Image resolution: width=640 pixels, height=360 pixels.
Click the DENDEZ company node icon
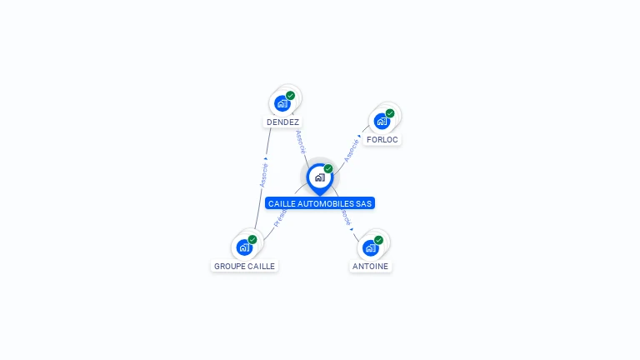282,104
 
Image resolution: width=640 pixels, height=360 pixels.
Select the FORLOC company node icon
382,122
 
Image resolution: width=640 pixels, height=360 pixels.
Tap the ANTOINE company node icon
371,248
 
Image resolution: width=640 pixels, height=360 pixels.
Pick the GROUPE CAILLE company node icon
244,247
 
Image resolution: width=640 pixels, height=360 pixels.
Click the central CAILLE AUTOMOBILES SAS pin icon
319,177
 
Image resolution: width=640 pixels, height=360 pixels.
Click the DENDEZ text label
282,122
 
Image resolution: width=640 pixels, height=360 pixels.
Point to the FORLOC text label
382,140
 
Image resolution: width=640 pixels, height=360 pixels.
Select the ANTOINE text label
371,267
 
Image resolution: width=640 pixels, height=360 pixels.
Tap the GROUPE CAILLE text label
244,267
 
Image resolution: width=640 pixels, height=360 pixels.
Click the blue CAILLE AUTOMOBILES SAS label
320,203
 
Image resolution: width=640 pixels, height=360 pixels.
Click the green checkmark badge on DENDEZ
291,96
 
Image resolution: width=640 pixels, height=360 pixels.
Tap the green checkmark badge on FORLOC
390,113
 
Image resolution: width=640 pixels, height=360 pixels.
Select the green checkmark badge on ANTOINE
379,240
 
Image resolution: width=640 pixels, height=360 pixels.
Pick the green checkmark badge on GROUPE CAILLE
252,239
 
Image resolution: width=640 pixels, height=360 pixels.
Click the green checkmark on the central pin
328,169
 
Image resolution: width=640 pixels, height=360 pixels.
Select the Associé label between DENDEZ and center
300,141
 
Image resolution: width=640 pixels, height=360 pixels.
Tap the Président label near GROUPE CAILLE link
279,218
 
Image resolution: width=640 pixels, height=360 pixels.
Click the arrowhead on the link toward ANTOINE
352,228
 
